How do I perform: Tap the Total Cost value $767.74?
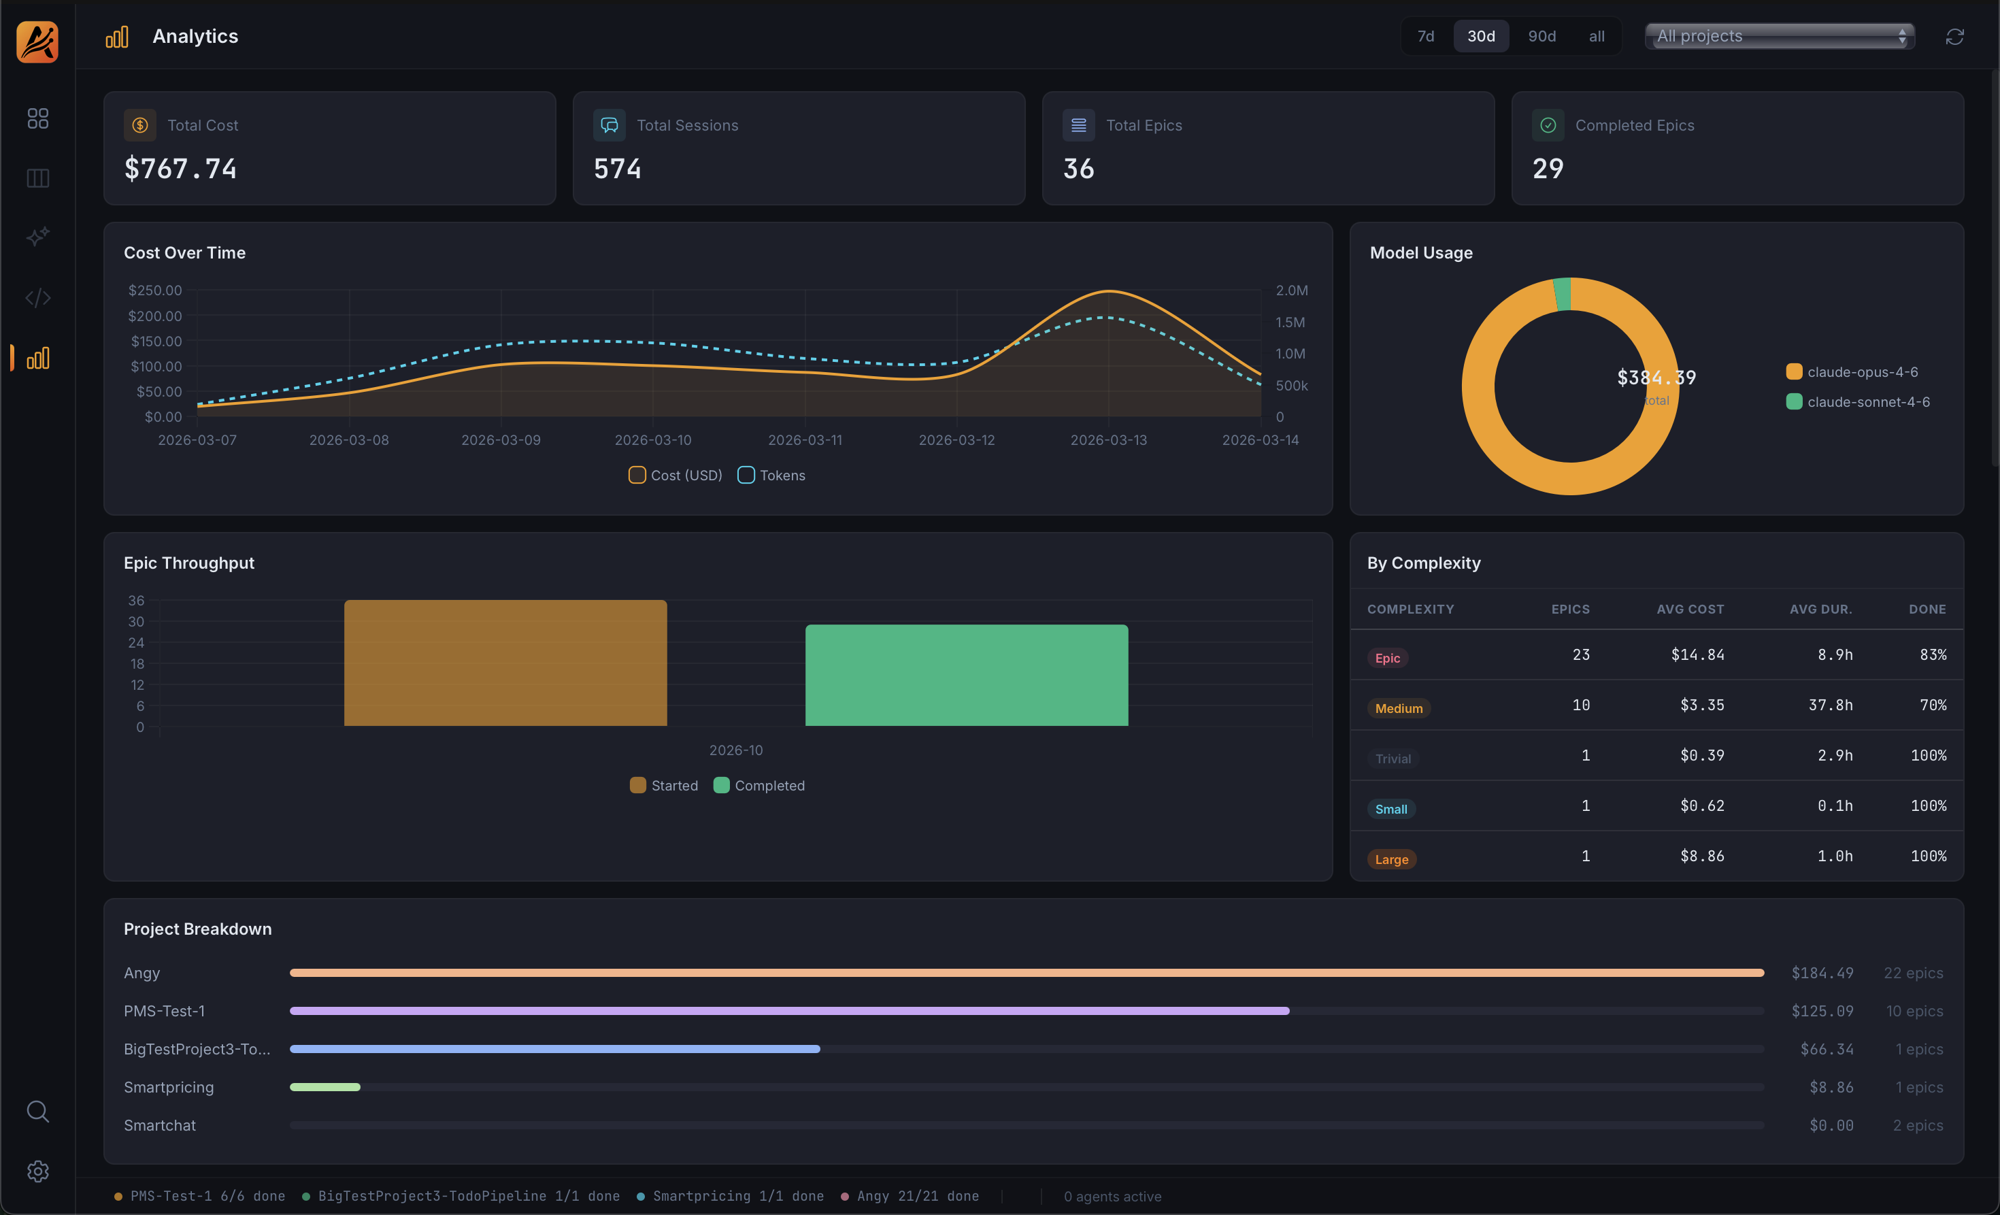pos(180,169)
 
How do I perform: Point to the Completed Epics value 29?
pos(1547,169)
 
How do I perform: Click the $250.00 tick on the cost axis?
pos(155,290)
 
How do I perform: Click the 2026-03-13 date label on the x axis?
pos(1108,440)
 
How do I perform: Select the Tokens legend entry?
pos(771,476)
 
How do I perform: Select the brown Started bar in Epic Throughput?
pos(505,663)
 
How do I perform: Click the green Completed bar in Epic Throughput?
pos(966,676)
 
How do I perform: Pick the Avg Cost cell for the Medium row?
pos(1701,705)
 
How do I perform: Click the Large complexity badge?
pos(1391,859)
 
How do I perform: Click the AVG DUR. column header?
pos(1820,610)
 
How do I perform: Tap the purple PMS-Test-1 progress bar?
pos(789,1010)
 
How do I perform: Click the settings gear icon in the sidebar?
pos(37,1171)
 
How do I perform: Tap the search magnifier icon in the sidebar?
pos(37,1111)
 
